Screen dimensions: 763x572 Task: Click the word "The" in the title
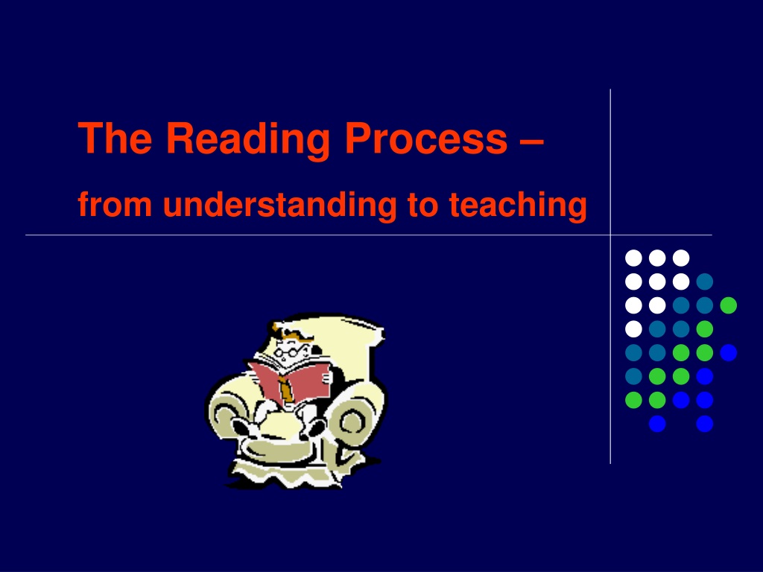coord(115,138)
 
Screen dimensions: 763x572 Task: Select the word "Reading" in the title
coord(248,140)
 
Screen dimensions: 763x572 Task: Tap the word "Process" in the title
coord(426,138)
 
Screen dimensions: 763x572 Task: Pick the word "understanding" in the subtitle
coord(280,206)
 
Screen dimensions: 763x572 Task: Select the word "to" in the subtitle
coord(422,206)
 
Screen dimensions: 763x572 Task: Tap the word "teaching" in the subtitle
coord(518,206)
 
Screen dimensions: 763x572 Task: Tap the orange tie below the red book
coord(285,388)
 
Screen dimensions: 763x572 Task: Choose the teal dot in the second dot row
coord(705,282)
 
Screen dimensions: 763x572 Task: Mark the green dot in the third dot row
coord(729,305)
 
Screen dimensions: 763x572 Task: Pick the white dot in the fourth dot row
coord(633,329)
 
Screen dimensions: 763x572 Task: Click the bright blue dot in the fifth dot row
coord(729,352)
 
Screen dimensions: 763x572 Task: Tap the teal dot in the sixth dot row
coord(633,376)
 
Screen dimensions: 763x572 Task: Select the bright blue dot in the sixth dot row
coord(705,376)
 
